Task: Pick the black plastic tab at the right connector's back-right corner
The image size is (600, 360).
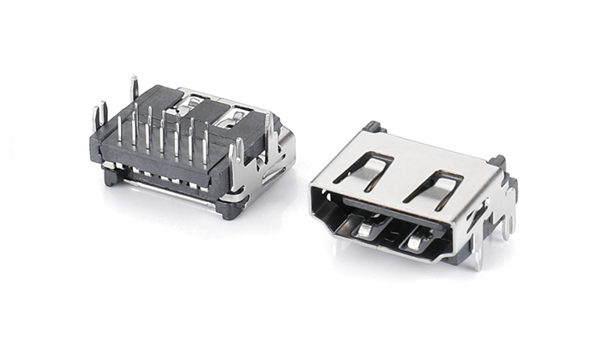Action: pos(497,162)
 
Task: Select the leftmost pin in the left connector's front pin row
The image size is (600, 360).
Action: pos(119,129)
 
